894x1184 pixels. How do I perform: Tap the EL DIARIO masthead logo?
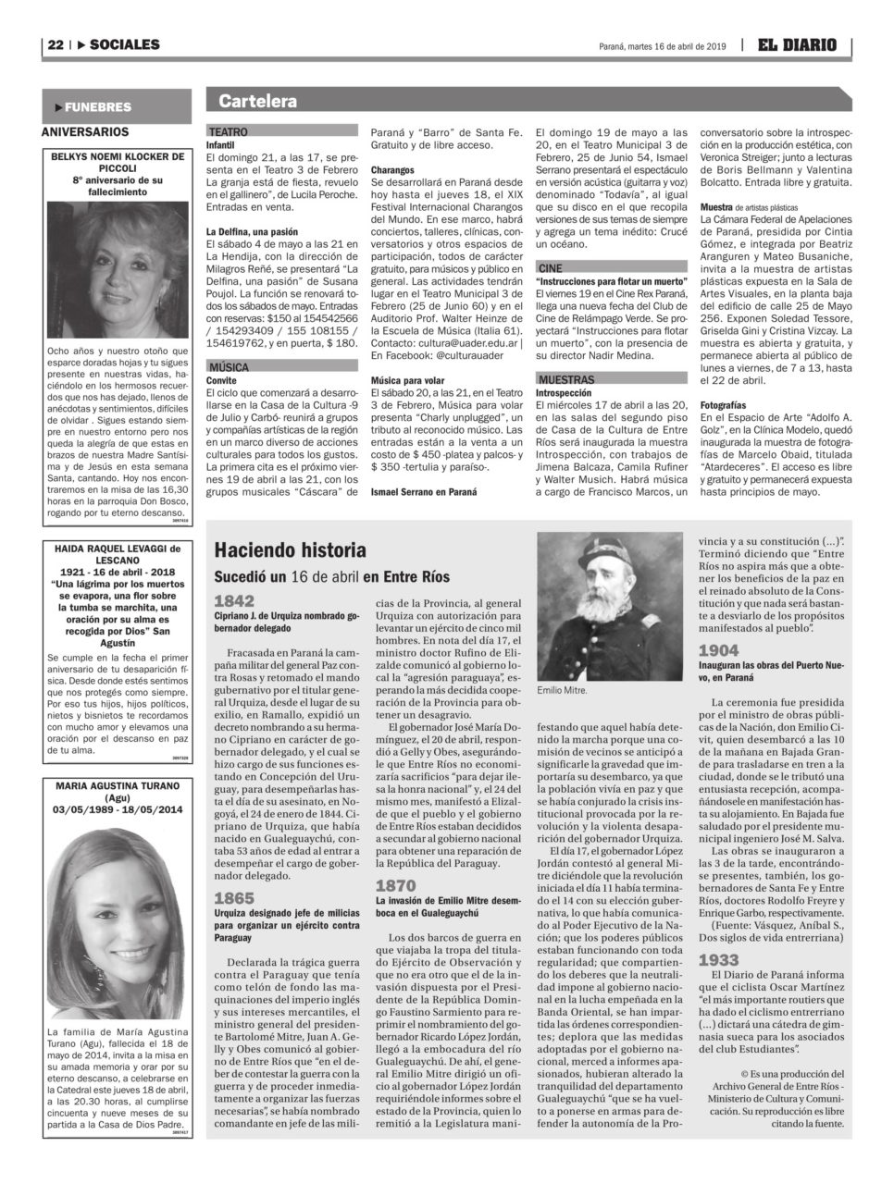797,44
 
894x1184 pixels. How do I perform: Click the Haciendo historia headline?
291,550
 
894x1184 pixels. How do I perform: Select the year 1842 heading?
234,601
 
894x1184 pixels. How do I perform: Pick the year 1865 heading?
234,898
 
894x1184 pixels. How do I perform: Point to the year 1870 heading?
395,886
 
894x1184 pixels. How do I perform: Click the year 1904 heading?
718,650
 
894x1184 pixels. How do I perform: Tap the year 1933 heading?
718,960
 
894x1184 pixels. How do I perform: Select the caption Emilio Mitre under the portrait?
562,690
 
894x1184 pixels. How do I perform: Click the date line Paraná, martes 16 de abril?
663,45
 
